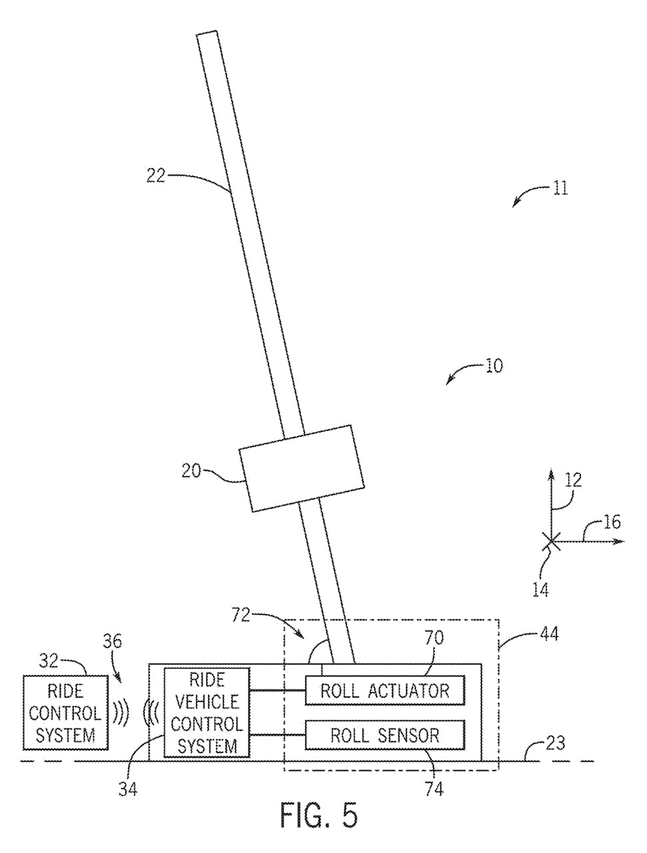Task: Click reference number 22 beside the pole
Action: tap(155, 176)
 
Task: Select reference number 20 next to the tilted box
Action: tap(191, 471)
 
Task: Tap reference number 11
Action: tap(560, 188)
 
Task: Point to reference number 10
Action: tap(494, 366)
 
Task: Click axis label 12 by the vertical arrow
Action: tap(573, 480)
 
